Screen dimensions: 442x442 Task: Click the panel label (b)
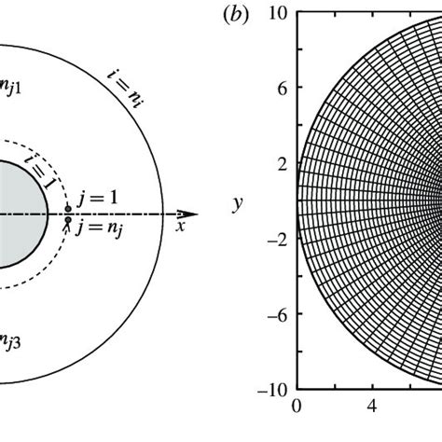tap(236, 15)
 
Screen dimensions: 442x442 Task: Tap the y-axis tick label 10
tap(278, 14)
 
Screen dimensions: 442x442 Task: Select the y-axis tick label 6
tap(283, 90)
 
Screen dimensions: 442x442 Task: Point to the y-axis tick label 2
tap(283, 165)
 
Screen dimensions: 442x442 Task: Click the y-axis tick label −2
tap(277, 241)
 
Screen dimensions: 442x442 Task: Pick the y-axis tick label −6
tap(277, 316)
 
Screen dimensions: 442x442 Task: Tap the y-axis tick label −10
tap(272, 390)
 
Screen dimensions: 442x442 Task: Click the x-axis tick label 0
tap(297, 406)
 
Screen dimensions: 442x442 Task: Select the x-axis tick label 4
tap(372, 406)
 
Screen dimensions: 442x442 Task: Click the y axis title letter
tap(238, 204)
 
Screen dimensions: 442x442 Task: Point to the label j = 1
tap(98, 198)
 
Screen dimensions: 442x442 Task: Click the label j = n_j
tap(99, 230)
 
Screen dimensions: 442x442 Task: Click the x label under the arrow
tap(180, 227)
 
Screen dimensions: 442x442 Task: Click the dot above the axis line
tap(68, 209)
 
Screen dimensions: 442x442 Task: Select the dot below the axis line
tap(68, 220)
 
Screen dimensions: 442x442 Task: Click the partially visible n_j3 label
tap(10, 342)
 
